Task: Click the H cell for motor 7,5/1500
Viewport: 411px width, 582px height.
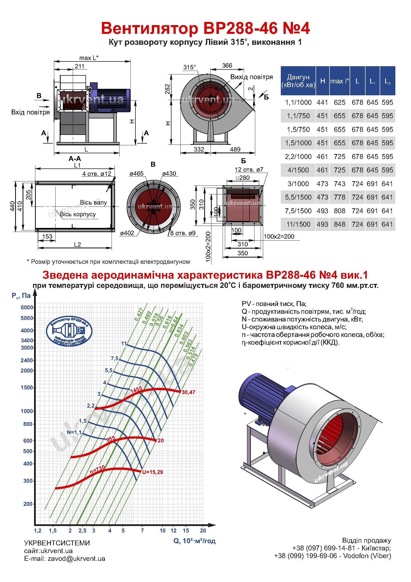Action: click(x=322, y=211)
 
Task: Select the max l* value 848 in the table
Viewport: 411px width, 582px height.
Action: click(x=339, y=224)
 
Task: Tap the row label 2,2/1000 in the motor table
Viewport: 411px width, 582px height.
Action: click(x=298, y=157)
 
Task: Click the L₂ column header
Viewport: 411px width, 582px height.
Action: click(x=387, y=81)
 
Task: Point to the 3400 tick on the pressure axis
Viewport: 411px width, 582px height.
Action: click(x=27, y=340)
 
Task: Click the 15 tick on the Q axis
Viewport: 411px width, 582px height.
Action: click(x=186, y=530)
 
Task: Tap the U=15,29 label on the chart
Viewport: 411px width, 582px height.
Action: click(x=152, y=472)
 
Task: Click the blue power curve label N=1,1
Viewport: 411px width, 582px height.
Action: click(x=74, y=432)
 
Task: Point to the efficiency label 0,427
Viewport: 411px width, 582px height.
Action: click(x=139, y=315)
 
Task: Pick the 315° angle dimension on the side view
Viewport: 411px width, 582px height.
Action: click(x=190, y=67)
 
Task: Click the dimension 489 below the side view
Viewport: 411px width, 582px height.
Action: click(x=235, y=149)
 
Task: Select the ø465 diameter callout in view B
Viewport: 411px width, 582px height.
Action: click(x=136, y=174)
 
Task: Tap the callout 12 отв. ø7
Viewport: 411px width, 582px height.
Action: click(x=249, y=169)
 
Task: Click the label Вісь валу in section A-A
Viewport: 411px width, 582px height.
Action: click(x=93, y=202)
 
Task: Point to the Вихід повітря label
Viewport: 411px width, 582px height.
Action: click(x=251, y=77)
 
